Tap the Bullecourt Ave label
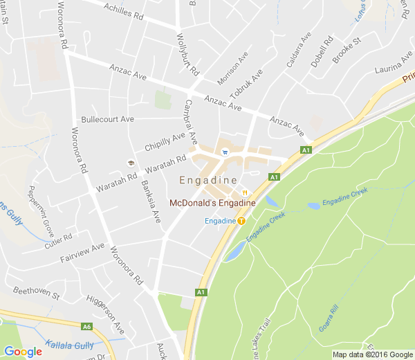point(107,119)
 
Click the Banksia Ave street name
point(151,201)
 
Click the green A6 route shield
point(86,327)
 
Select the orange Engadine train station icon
point(241,221)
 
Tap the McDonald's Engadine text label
point(212,203)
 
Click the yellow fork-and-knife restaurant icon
point(244,192)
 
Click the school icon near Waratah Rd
point(129,163)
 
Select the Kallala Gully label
point(68,344)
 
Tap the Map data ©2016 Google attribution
point(372,354)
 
